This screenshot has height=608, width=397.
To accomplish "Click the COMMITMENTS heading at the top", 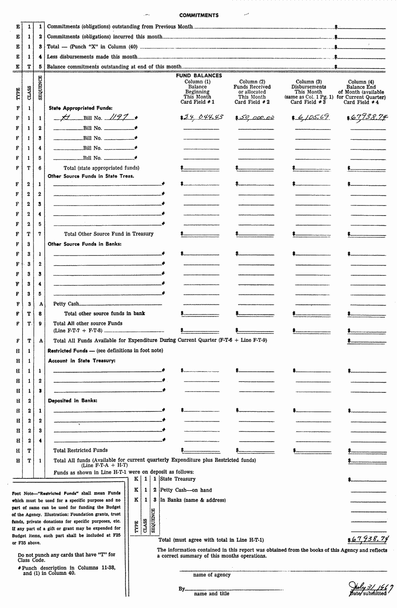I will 198,15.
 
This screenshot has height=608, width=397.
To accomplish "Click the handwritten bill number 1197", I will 119,117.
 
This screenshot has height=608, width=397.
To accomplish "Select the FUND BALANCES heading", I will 198,75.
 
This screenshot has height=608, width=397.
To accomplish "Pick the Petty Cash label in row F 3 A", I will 66,304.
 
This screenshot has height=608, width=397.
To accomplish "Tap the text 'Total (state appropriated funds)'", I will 101,168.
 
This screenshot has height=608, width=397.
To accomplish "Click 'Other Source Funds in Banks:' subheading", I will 85,244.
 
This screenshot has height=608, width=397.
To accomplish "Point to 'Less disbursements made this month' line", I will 92,57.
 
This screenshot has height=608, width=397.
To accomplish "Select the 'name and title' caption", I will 211,593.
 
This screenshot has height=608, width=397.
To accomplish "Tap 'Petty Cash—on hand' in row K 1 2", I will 186,490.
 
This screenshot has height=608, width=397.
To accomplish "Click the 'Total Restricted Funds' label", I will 81,450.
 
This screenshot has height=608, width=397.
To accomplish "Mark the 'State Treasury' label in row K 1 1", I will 178,479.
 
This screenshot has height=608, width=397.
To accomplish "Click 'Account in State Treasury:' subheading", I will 82,361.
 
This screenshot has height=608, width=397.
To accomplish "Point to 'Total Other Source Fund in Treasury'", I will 109,234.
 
